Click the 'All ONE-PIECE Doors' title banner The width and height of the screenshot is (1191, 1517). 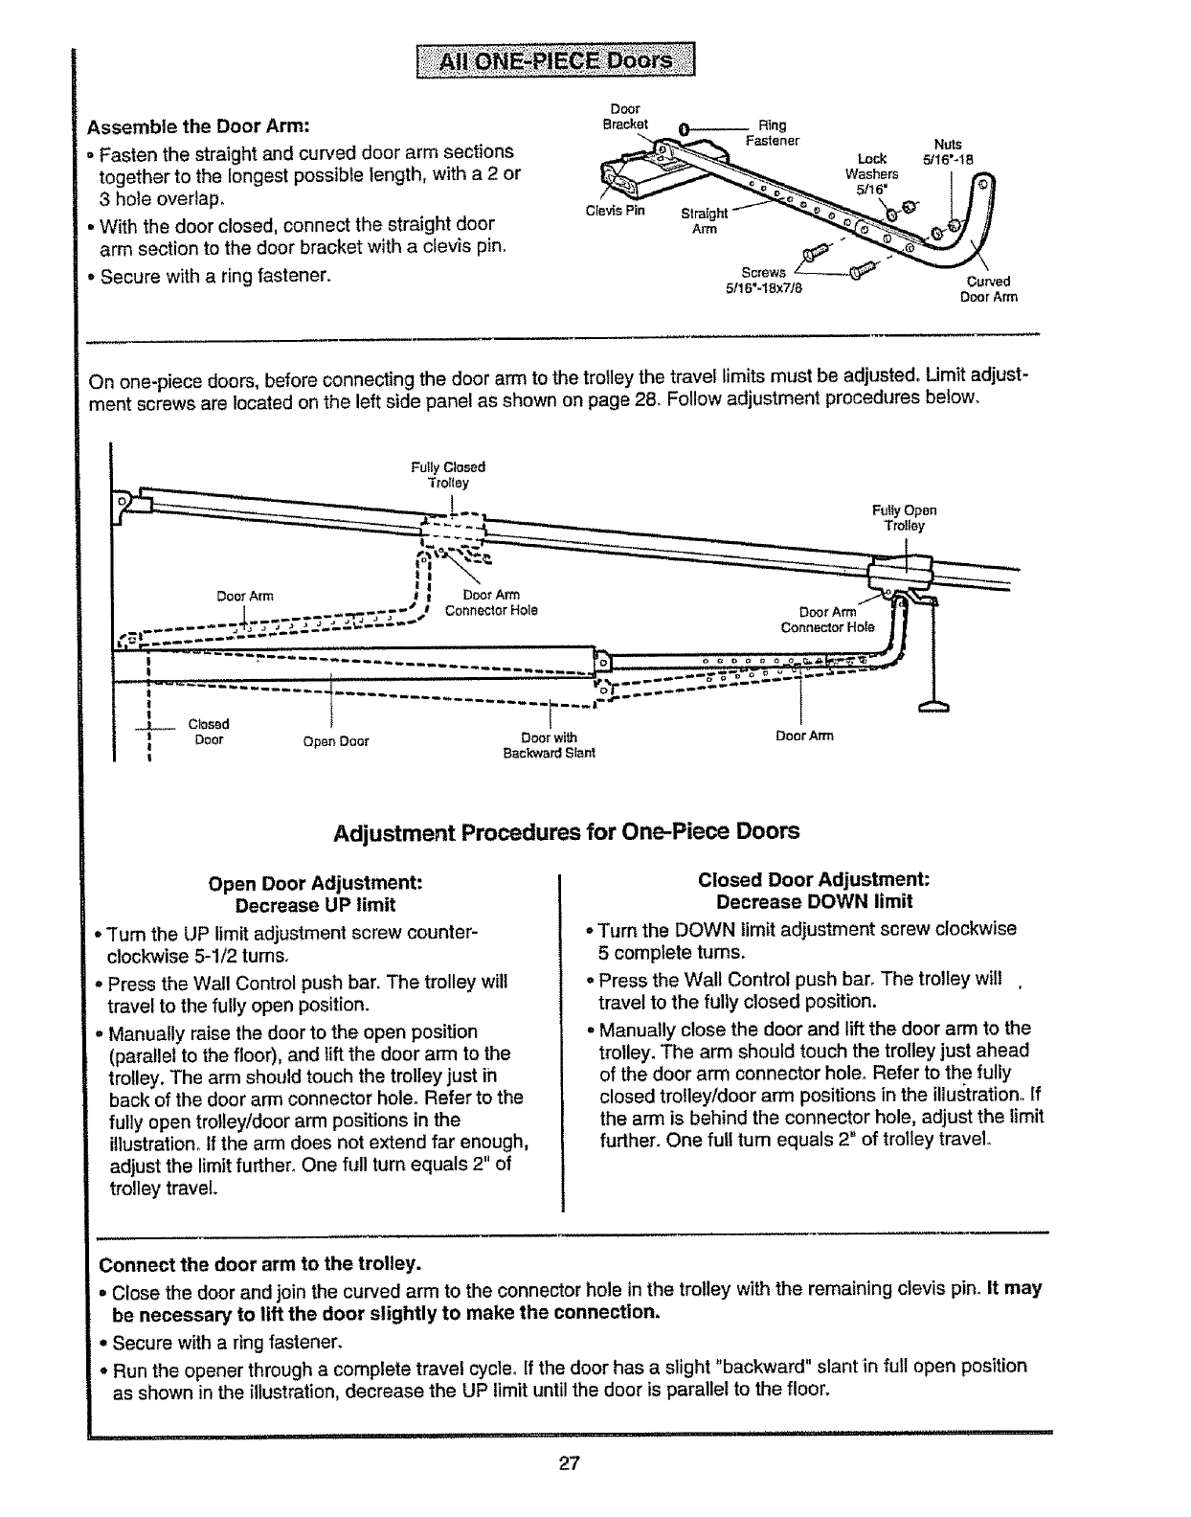pos(554,62)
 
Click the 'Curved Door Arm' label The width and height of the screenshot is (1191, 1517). pos(988,289)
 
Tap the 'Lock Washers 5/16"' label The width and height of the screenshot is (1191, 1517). pos(872,173)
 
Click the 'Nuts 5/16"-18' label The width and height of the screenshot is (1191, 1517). pos(947,153)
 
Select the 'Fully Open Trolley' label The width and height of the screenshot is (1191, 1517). pos(904,518)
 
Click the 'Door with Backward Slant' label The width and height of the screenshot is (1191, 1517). pos(550,745)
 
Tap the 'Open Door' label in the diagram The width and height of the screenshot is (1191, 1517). pos(335,741)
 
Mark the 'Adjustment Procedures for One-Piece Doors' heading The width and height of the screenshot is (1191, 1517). pos(566,831)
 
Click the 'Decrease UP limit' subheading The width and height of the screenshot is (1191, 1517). pos(315,905)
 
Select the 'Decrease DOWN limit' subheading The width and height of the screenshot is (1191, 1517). pos(814,902)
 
